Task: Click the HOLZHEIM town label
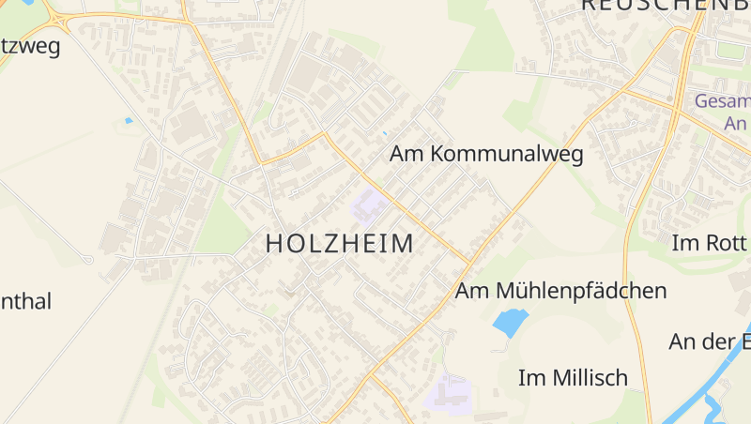click(x=339, y=244)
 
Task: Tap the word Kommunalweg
click(x=508, y=154)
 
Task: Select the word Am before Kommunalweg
click(x=407, y=154)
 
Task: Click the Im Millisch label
click(x=573, y=378)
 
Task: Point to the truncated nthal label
click(x=25, y=302)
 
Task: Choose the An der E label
click(x=710, y=341)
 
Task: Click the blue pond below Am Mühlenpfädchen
click(x=510, y=324)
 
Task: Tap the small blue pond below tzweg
click(x=129, y=120)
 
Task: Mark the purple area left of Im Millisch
click(x=448, y=391)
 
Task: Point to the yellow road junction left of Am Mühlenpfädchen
click(x=469, y=262)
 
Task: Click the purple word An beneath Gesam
click(x=735, y=123)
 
